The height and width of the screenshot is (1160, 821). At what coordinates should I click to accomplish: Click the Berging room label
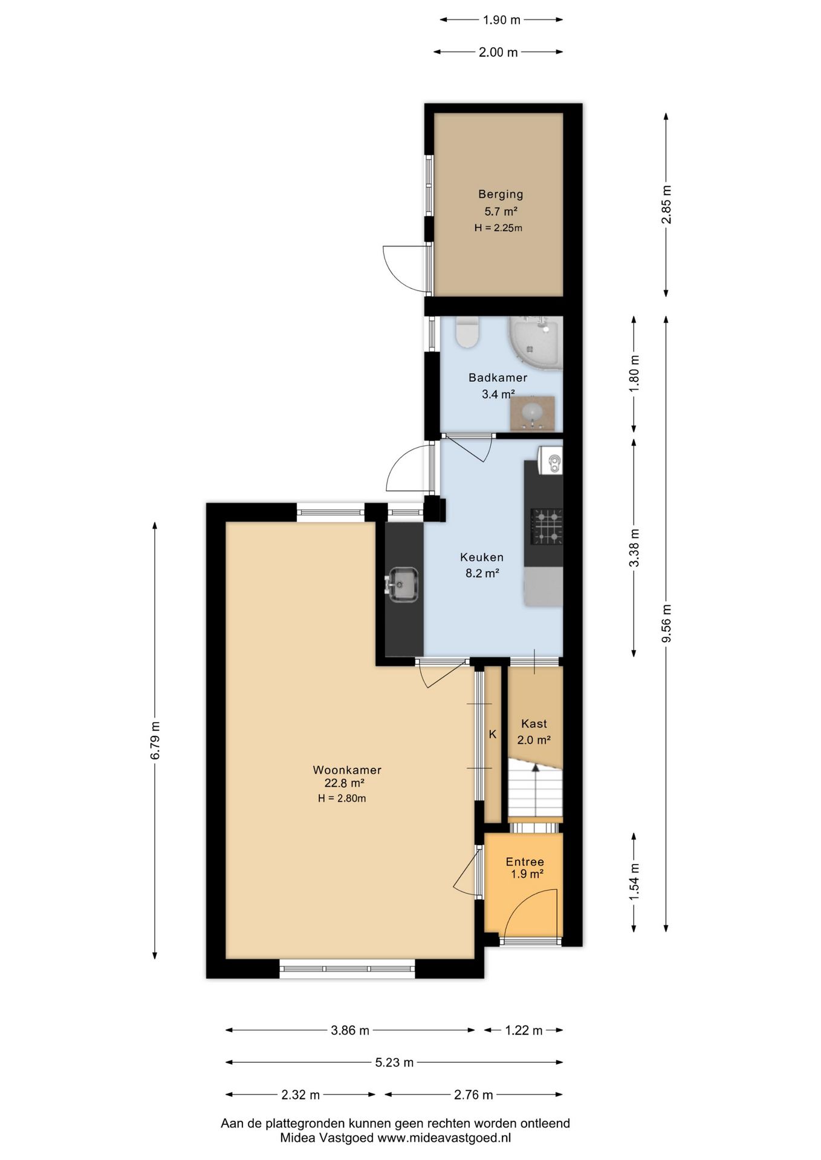point(500,194)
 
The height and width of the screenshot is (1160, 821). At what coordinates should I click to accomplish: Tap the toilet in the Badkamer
point(467,332)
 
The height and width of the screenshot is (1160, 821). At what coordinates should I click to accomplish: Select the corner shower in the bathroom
point(536,343)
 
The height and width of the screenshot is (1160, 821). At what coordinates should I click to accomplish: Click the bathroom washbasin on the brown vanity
point(532,413)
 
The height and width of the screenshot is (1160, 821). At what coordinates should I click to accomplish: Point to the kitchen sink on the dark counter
point(402,584)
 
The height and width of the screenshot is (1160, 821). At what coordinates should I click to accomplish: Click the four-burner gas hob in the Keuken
point(547,526)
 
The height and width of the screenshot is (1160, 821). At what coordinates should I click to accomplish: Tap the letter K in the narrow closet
point(492,734)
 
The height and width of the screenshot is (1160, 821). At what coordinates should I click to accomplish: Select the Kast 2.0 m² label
point(534,731)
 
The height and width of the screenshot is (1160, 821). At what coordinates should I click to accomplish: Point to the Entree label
point(525,862)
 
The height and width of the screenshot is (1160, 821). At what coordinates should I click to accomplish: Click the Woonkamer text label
point(347,770)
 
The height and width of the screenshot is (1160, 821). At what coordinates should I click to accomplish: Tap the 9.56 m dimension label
point(666,624)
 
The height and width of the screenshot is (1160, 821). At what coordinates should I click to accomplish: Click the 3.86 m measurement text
point(350,1030)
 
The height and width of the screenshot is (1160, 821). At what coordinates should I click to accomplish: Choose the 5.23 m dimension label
point(394,1062)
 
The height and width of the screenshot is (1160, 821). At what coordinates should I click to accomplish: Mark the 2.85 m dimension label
point(666,204)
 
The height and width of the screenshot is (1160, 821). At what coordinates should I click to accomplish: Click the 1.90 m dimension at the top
point(501,20)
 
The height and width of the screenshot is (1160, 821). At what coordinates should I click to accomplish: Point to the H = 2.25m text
point(498,228)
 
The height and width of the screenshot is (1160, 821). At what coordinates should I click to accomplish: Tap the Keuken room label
point(481,557)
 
